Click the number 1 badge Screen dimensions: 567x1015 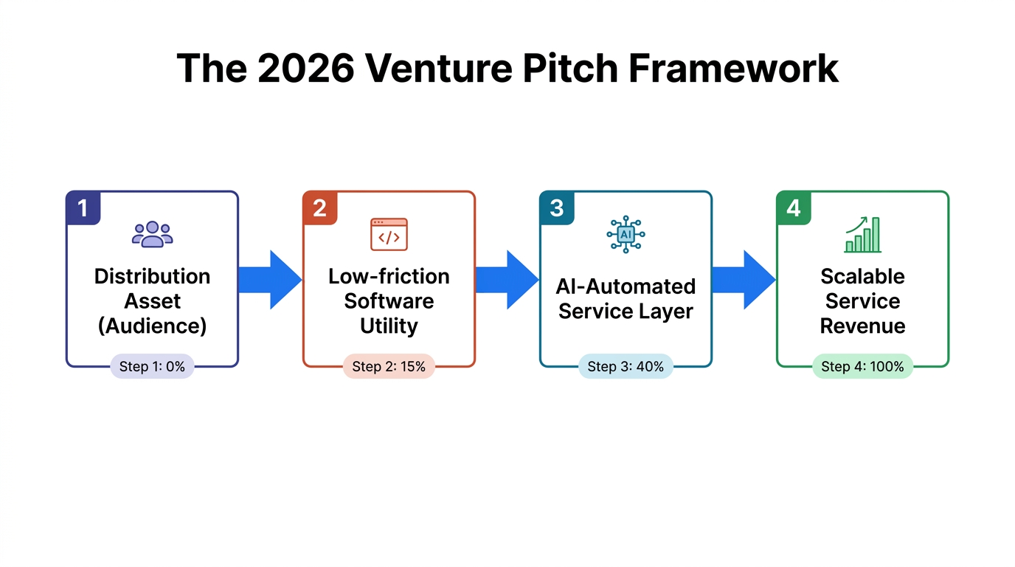tap(83, 208)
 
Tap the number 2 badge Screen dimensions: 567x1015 tap(319, 208)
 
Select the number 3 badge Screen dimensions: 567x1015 tap(556, 208)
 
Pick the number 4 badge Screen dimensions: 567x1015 tap(793, 208)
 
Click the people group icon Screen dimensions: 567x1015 tap(152, 234)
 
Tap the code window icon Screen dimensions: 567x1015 tap(389, 234)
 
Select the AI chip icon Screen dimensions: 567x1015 tap(626, 234)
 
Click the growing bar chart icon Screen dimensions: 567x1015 tap(862, 234)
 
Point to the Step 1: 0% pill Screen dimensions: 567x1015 tap(152, 366)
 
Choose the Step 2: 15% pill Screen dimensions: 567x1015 tap(389, 366)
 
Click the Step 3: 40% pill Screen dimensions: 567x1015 tap(626, 366)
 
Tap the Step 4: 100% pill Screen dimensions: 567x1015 tap(862, 366)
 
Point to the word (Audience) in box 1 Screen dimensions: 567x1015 tap(152, 326)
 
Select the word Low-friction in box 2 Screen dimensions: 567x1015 tap(389, 276)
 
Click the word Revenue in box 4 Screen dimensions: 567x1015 tap(862, 326)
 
